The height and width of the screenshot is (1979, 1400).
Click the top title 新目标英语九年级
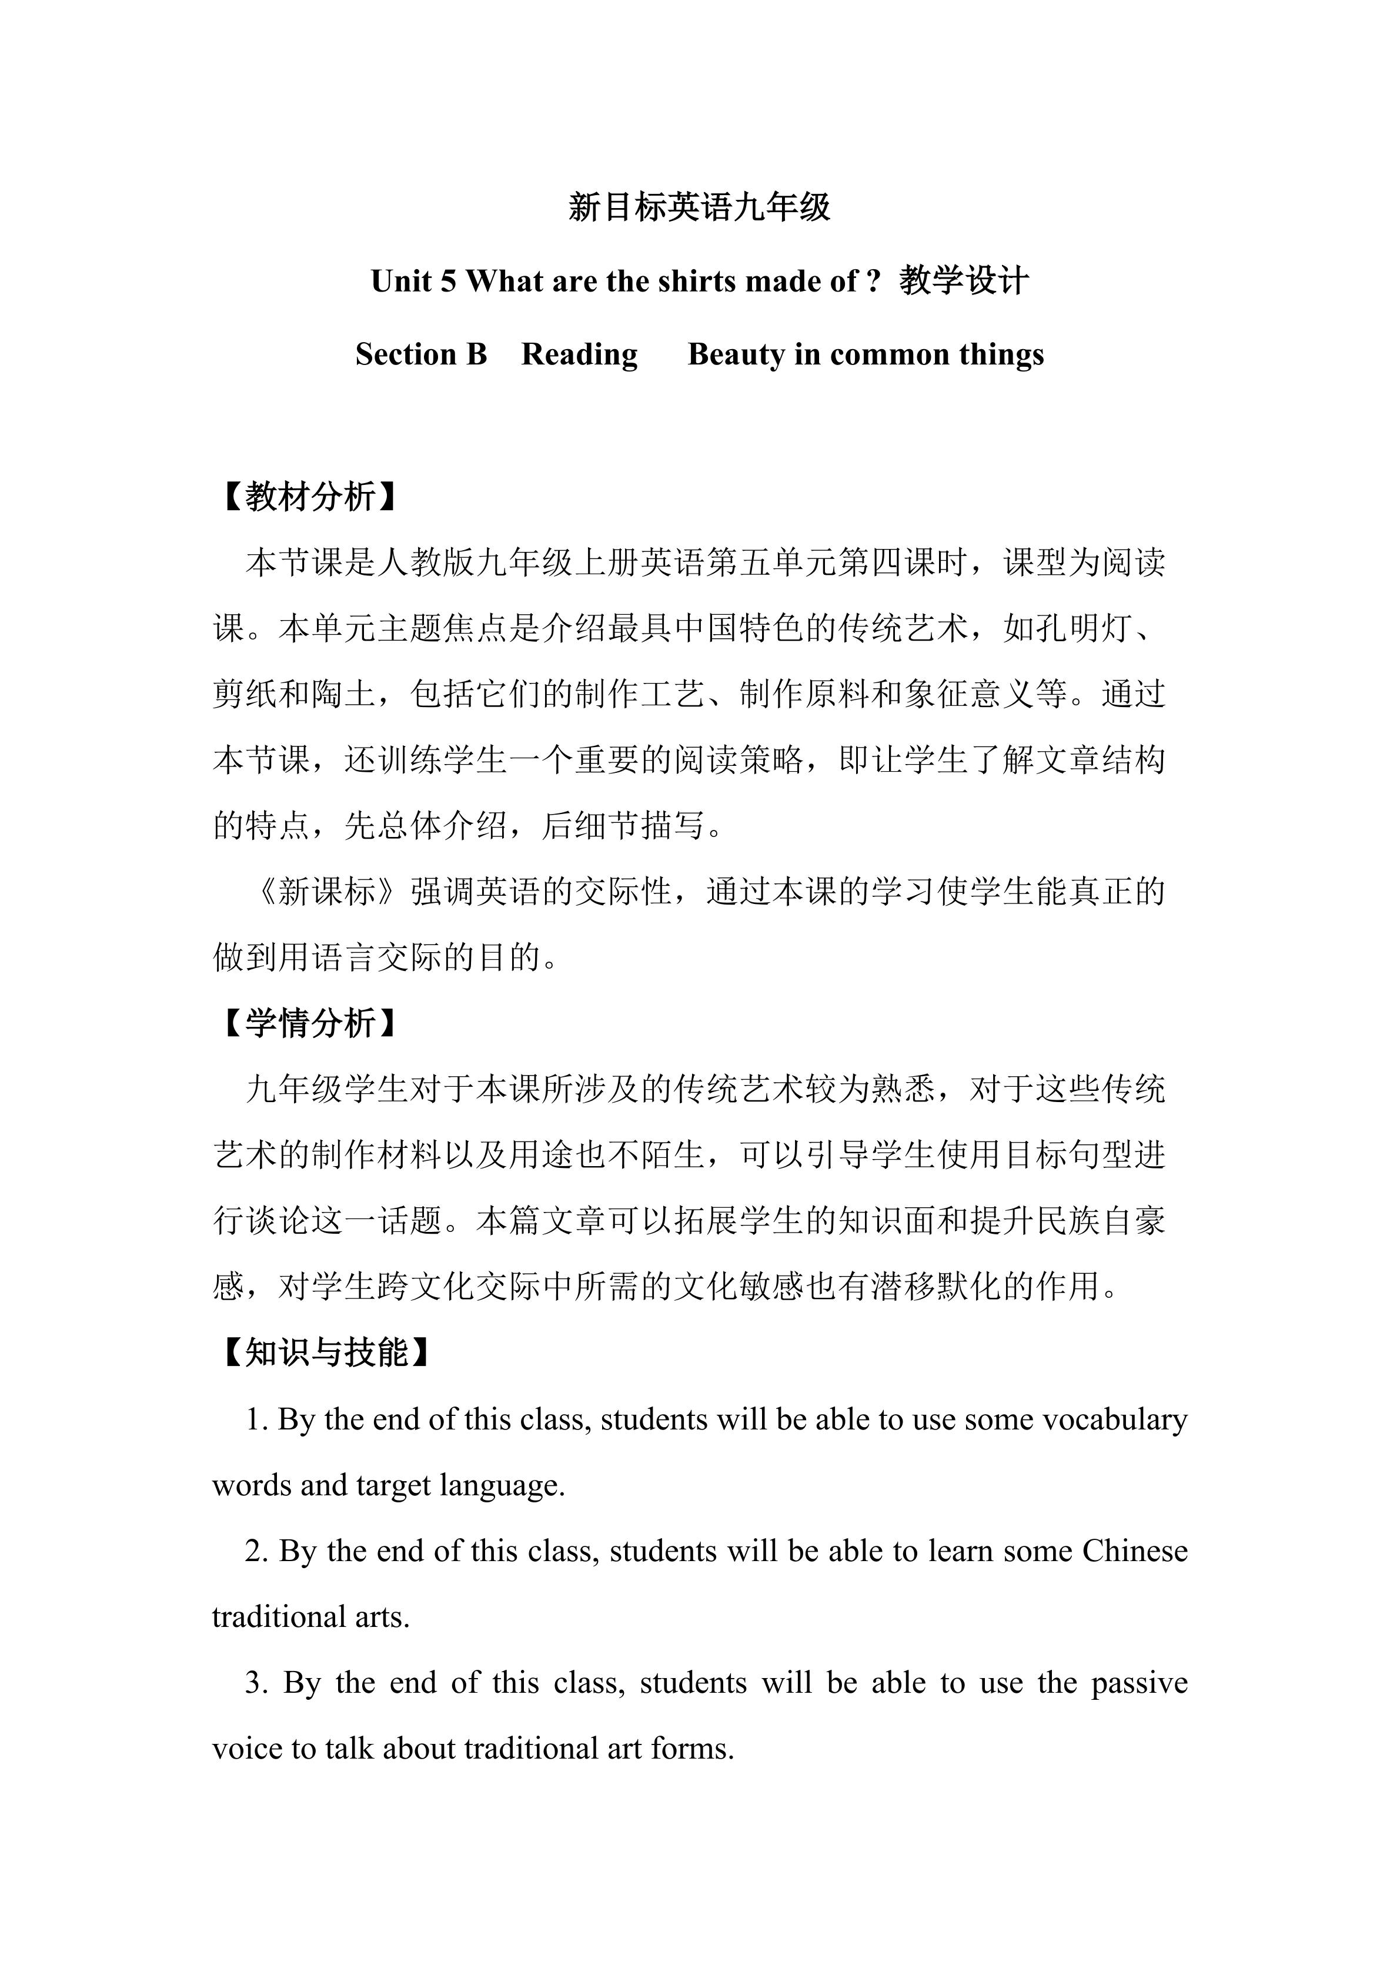tap(699, 207)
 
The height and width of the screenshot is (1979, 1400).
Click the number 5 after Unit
tap(447, 281)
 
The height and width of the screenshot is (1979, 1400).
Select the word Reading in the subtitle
tap(579, 354)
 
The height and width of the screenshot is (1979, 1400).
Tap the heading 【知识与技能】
tap(326, 1353)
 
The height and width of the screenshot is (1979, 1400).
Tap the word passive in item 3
tap(1139, 1683)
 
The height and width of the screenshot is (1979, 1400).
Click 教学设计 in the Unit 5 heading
tap(964, 281)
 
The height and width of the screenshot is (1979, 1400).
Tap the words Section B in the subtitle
tap(420, 354)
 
